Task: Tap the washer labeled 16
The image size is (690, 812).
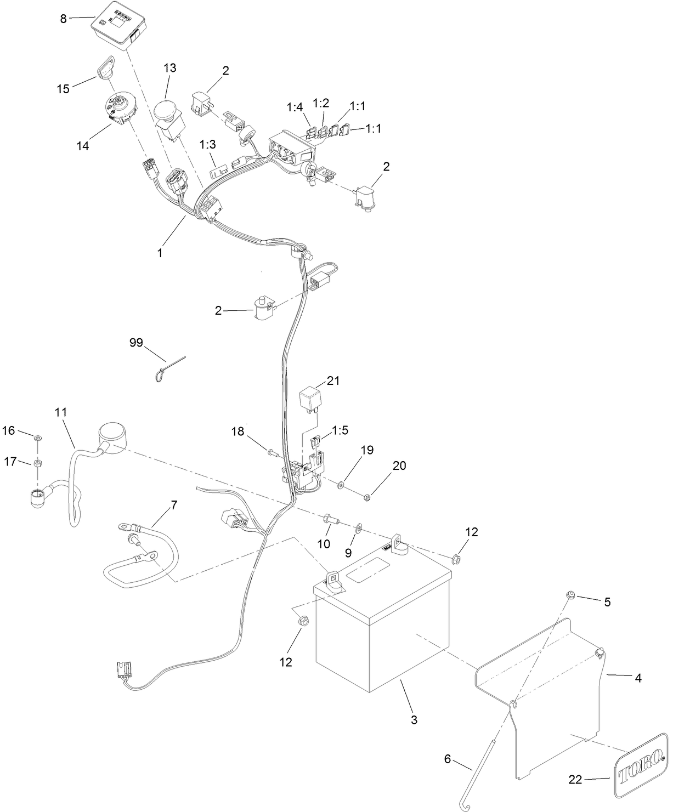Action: click(37, 438)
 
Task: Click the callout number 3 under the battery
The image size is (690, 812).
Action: click(414, 719)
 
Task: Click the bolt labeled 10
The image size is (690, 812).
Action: click(331, 518)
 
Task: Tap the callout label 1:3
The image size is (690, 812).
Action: click(207, 145)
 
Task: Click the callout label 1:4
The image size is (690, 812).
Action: click(294, 107)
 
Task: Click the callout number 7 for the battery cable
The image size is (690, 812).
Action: click(174, 505)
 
